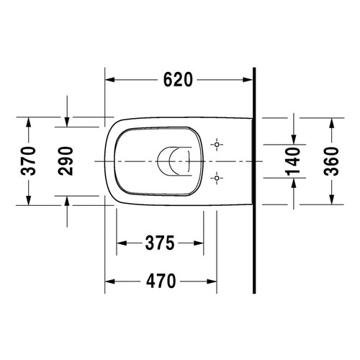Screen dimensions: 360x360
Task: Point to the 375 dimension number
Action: point(158,243)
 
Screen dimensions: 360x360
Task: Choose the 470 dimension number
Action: point(161,282)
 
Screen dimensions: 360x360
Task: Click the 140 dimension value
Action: point(293,159)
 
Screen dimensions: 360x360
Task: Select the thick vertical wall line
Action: point(255,180)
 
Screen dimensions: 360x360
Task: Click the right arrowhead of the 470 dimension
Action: point(213,282)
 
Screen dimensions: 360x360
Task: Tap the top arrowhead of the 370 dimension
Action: point(28,122)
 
